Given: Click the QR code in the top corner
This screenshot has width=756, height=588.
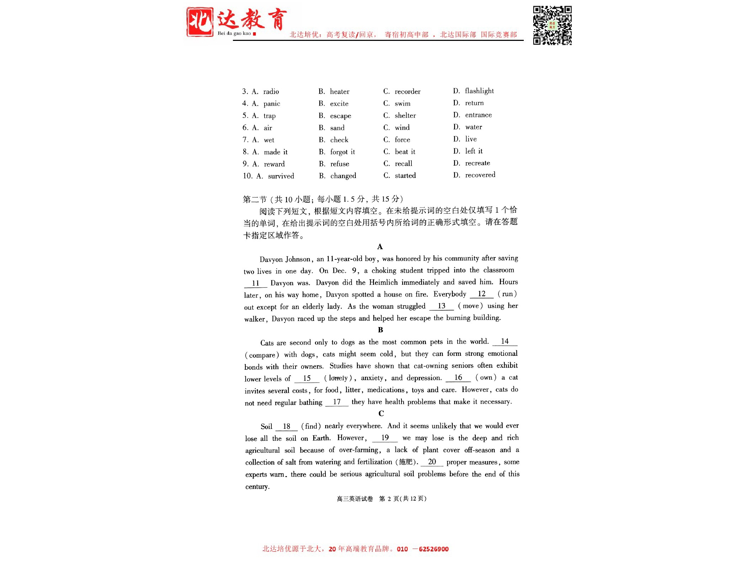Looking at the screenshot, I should click(x=552, y=25).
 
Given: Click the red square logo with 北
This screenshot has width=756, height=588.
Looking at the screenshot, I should click(x=200, y=22).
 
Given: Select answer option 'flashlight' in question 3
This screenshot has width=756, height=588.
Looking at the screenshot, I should click(x=479, y=91).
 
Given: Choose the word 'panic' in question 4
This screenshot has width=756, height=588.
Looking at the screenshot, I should click(x=272, y=104).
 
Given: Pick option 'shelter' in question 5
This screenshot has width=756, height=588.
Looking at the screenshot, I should click(x=405, y=116).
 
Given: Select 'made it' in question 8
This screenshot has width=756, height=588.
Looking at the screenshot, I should click(x=276, y=152).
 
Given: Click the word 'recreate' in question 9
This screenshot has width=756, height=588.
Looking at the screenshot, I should click(x=477, y=163).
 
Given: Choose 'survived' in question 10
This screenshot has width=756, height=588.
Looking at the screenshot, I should click(x=281, y=176).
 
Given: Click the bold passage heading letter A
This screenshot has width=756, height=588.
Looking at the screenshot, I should click(x=380, y=247).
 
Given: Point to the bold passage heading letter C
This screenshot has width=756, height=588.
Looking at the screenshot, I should click(x=381, y=413).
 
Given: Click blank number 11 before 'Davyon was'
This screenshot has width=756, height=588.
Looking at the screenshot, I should click(x=255, y=283).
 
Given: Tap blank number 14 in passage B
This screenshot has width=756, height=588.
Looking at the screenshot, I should click(x=505, y=342).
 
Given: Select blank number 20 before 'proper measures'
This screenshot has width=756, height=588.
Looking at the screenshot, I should click(x=432, y=462).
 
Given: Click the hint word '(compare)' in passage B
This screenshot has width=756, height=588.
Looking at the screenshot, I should click(x=262, y=355).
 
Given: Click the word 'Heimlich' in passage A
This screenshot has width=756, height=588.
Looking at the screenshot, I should click(x=383, y=283).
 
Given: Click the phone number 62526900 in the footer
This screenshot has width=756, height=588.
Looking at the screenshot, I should click(x=433, y=549).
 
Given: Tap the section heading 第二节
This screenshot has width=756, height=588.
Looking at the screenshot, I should click(x=255, y=199).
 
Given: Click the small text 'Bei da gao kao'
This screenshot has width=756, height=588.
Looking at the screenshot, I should click(x=234, y=33).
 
